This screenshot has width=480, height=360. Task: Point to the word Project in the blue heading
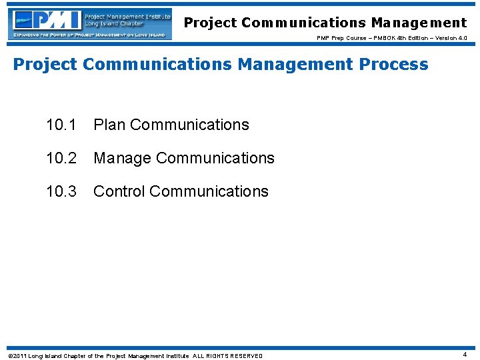tap(45, 65)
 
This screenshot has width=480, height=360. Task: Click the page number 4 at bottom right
tap(465, 355)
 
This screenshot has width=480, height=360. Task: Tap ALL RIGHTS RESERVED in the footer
tap(228, 356)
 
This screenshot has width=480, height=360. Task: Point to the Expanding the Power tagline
tap(90, 34)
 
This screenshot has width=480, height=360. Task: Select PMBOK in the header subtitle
tap(379, 38)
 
